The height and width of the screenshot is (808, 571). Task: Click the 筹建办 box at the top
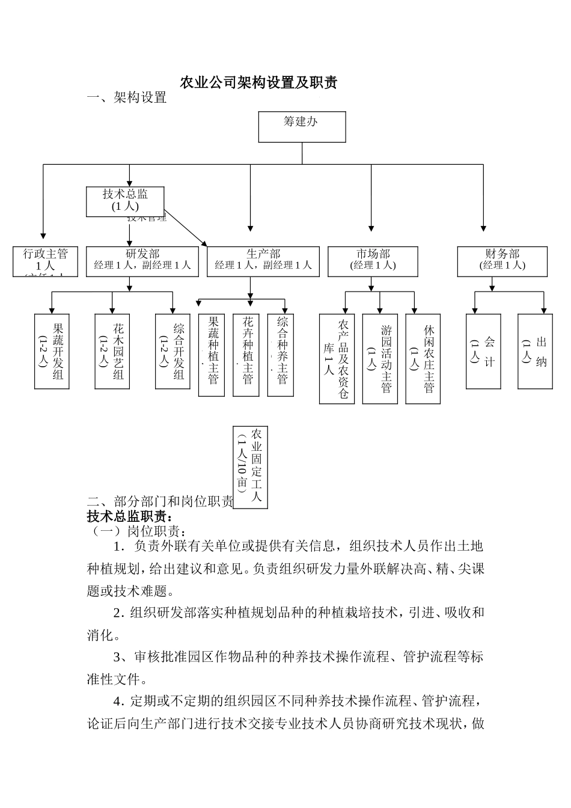302,127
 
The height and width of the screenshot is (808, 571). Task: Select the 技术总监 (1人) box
125,201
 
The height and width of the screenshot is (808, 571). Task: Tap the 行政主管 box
46,261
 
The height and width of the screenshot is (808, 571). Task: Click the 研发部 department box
142,261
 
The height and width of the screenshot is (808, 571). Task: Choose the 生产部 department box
263,261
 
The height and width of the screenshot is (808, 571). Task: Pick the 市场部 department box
373,261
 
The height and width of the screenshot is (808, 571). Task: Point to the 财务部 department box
502,261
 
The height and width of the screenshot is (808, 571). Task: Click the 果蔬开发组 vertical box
52,351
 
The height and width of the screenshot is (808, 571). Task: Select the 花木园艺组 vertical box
112,351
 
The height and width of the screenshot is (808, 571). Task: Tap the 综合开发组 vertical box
173,351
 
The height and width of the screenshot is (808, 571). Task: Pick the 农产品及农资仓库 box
337,358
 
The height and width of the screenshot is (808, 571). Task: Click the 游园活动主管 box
380,358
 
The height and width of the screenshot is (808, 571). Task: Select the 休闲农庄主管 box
423,358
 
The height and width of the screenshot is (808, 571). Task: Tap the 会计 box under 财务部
483,351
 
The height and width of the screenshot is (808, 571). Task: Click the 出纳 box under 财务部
535,351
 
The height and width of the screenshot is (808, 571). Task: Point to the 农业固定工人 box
250,467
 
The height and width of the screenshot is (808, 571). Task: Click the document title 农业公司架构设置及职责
258,83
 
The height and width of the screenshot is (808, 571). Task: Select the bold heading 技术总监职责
130,516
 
